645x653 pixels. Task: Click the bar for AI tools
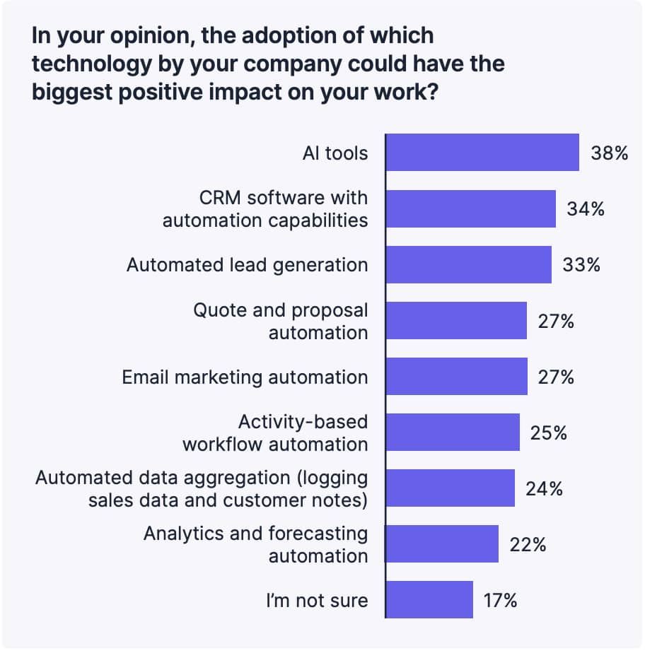coord(482,153)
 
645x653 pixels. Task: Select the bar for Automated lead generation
coord(469,265)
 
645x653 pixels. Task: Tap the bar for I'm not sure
coord(429,600)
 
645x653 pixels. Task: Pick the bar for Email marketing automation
coord(457,377)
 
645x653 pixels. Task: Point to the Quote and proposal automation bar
coord(457,321)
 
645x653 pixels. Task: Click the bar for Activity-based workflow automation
coord(453,433)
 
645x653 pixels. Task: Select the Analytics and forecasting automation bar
coord(442,544)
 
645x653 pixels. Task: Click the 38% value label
coord(610,153)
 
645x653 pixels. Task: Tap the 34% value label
coord(586,208)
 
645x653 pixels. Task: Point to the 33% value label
coord(581,265)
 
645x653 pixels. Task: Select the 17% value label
coord(500,600)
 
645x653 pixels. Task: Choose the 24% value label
coord(544,488)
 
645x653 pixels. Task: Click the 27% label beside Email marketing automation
coord(557,377)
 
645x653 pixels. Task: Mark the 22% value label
coord(528,544)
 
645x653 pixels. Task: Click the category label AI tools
coord(335,153)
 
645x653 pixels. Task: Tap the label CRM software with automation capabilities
coord(265,208)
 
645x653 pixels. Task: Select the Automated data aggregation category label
coord(202,488)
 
